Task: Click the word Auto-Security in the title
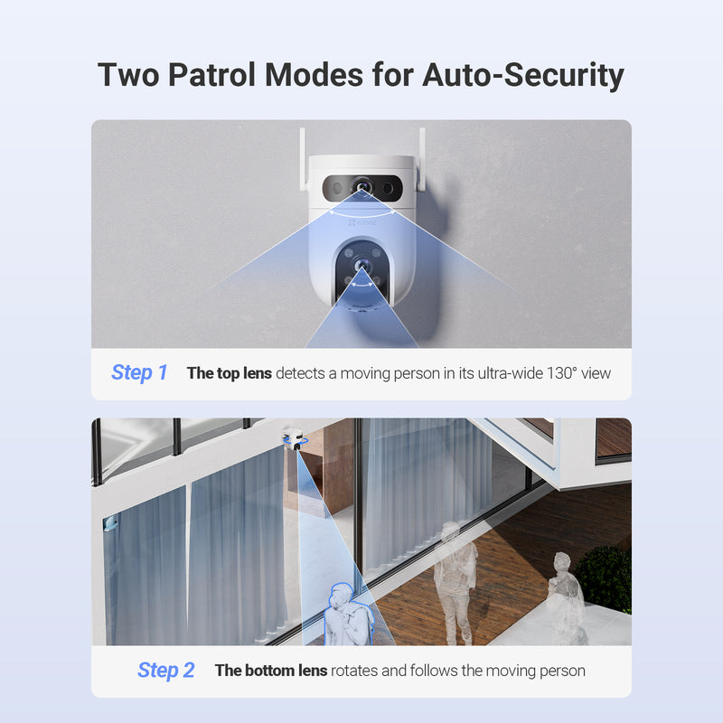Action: tap(523, 74)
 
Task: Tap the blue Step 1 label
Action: tap(139, 372)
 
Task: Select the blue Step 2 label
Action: tap(165, 670)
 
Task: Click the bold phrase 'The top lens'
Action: tap(229, 372)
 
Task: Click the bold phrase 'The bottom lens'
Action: tap(271, 671)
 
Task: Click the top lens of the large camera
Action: tap(362, 188)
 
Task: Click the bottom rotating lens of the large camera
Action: tap(362, 267)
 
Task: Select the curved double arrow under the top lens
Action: tap(362, 214)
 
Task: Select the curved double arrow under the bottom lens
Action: tap(362, 284)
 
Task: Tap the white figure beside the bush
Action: tap(565, 597)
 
